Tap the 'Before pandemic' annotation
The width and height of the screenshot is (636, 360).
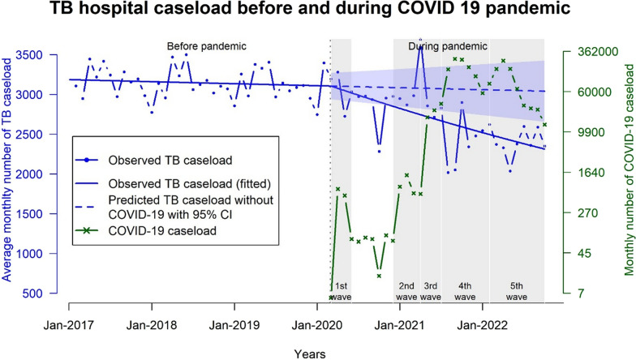pyautogui.click(x=206, y=46)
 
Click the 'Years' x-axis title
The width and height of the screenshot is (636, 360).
pyautogui.click(x=310, y=354)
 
